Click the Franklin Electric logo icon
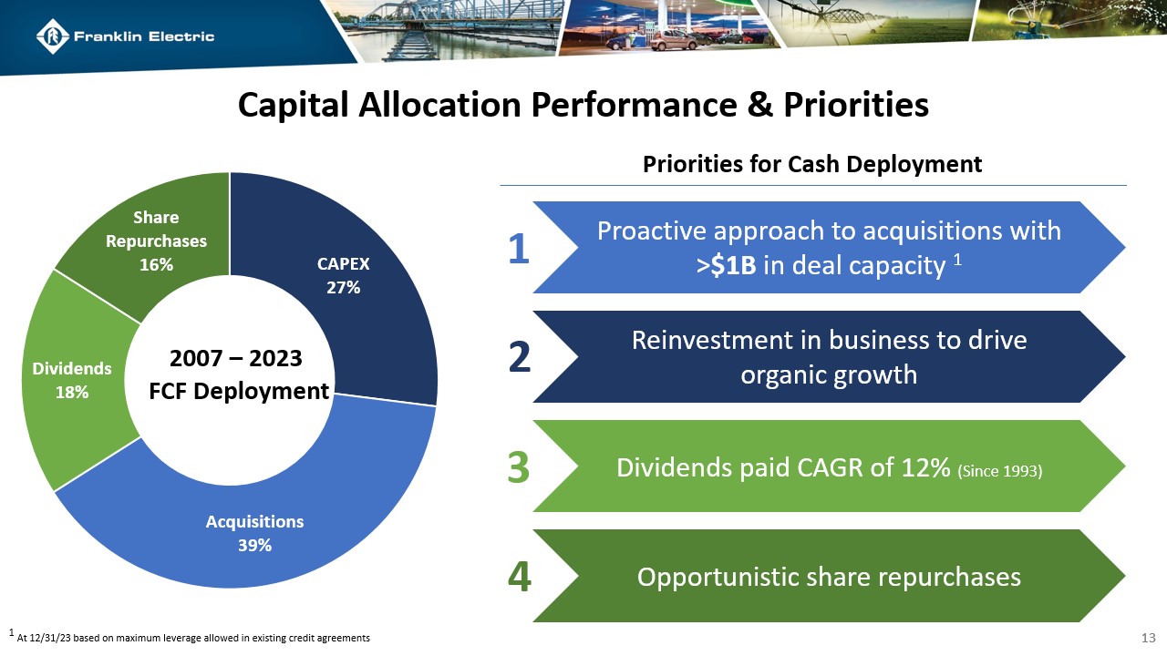(x=53, y=36)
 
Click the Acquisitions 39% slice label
(x=254, y=533)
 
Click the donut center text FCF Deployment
(x=239, y=392)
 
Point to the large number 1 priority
(x=518, y=249)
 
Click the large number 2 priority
(x=519, y=358)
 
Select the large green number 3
(x=518, y=468)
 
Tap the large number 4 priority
(x=519, y=578)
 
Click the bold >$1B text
(x=725, y=266)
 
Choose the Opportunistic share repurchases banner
(x=828, y=577)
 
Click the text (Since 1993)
(x=999, y=470)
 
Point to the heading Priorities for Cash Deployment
(x=812, y=164)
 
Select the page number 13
(x=1150, y=636)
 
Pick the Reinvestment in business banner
(x=828, y=357)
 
